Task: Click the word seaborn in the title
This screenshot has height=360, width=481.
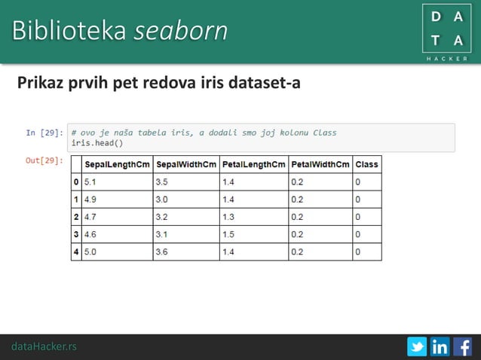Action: (x=181, y=31)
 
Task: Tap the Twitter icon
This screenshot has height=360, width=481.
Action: (x=417, y=347)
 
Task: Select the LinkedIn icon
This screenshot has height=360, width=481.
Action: (x=440, y=347)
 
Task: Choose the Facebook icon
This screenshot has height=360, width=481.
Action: (x=462, y=347)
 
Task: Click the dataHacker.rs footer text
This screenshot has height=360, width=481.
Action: (x=44, y=346)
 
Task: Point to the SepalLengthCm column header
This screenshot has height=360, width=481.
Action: (x=117, y=164)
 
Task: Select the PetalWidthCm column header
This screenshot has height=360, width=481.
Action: (x=320, y=164)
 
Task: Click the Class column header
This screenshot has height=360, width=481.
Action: (x=366, y=164)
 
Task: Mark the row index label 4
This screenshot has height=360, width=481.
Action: (x=75, y=252)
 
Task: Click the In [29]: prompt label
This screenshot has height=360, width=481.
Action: (x=44, y=133)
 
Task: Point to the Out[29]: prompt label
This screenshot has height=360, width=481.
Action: (x=44, y=160)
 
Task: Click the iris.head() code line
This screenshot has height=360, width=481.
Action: (x=97, y=142)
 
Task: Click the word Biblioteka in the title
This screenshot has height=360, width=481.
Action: (x=69, y=31)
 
